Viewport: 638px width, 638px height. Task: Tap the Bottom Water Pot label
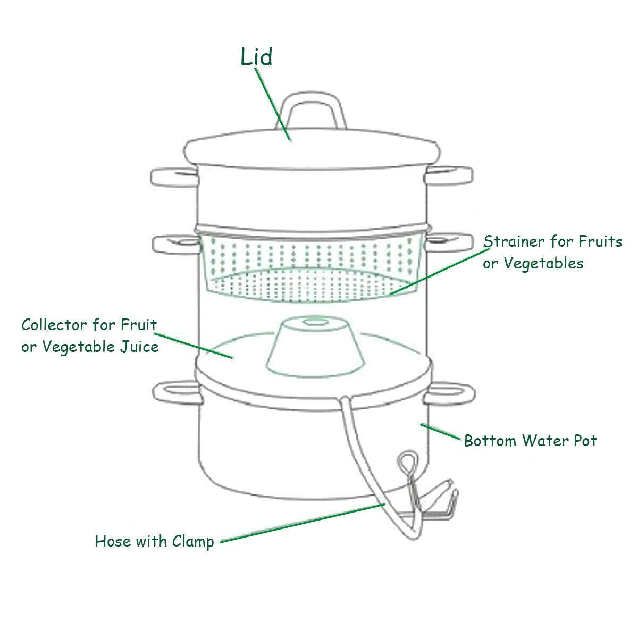click(530, 441)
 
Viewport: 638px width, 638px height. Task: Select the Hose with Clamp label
click(154, 542)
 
